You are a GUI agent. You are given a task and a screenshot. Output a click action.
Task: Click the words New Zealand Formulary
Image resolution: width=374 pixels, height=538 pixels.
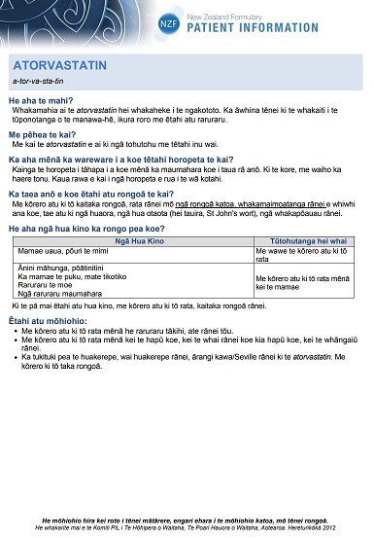(x=303, y=17)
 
